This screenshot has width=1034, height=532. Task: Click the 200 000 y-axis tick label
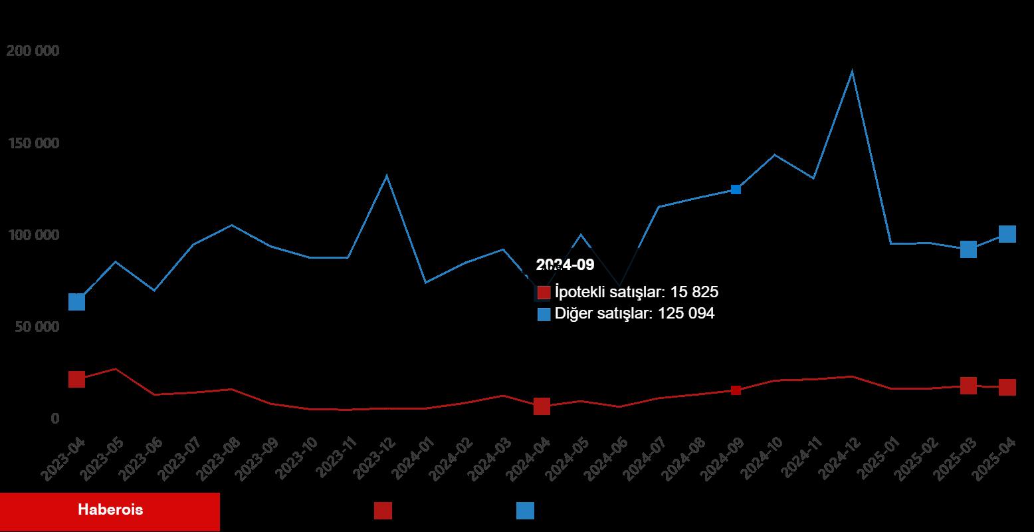click(33, 51)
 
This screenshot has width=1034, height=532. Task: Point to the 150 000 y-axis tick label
click(33, 144)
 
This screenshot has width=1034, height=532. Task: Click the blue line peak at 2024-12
click(852, 72)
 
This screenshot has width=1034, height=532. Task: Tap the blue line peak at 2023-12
click(387, 176)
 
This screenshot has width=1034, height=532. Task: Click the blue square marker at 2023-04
click(76, 302)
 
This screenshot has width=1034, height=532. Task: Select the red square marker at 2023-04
click(76, 379)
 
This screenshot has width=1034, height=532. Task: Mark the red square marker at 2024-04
click(542, 406)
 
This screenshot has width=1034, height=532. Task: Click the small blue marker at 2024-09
click(736, 190)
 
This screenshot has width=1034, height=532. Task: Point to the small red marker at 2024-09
click(736, 390)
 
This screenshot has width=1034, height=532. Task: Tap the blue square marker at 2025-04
click(1007, 234)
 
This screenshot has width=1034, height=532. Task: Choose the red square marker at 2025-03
click(968, 386)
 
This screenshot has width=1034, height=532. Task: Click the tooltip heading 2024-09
click(565, 265)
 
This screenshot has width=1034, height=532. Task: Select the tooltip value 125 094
click(686, 314)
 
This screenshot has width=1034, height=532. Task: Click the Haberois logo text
click(110, 511)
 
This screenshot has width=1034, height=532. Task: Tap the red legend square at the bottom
click(383, 511)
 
